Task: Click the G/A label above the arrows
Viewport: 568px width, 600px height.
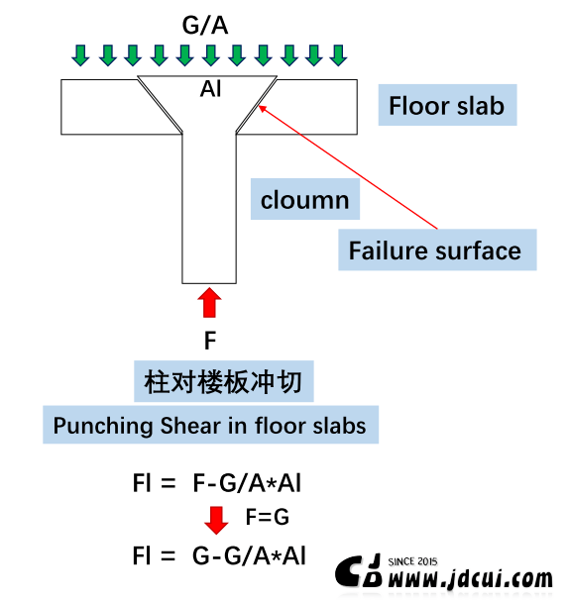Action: pyautogui.click(x=205, y=26)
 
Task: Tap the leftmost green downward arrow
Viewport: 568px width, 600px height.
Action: pyautogui.click(x=80, y=55)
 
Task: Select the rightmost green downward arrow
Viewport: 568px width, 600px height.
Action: pyautogui.click(x=338, y=55)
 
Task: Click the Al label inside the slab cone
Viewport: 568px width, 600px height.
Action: pyautogui.click(x=211, y=89)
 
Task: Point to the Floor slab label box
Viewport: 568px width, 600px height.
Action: pyautogui.click(x=447, y=105)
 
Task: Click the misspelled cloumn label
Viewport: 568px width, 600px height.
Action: pyautogui.click(x=305, y=199)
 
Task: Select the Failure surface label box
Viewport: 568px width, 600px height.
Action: pyautogui.click(x=437, y=250)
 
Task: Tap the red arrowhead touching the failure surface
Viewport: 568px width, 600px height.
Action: pyautogui.click(x=263, y=108)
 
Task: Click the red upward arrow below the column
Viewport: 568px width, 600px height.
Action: pyautogui.click(x=209, y=303)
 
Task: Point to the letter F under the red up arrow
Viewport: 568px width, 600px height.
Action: pyautogui.click(x=210, y=341)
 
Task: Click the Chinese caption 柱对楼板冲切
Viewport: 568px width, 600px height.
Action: pyautogui.click(x=224, y=381)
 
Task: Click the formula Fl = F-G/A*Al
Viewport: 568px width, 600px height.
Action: pyautogui.click(x=217, y=482)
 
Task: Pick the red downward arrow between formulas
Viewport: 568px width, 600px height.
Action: pyautogui.click(x=216, y=520)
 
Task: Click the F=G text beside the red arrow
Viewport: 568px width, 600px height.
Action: pyautogui.click(x=268, y=517)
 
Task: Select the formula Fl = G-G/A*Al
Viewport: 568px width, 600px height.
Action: pyautogui.click(x=219, y=555)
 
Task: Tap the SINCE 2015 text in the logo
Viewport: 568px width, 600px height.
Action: pyautogui.click(x=412, y=561)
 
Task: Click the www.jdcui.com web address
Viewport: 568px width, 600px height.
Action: pyautogui.click(x=470, y=578)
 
